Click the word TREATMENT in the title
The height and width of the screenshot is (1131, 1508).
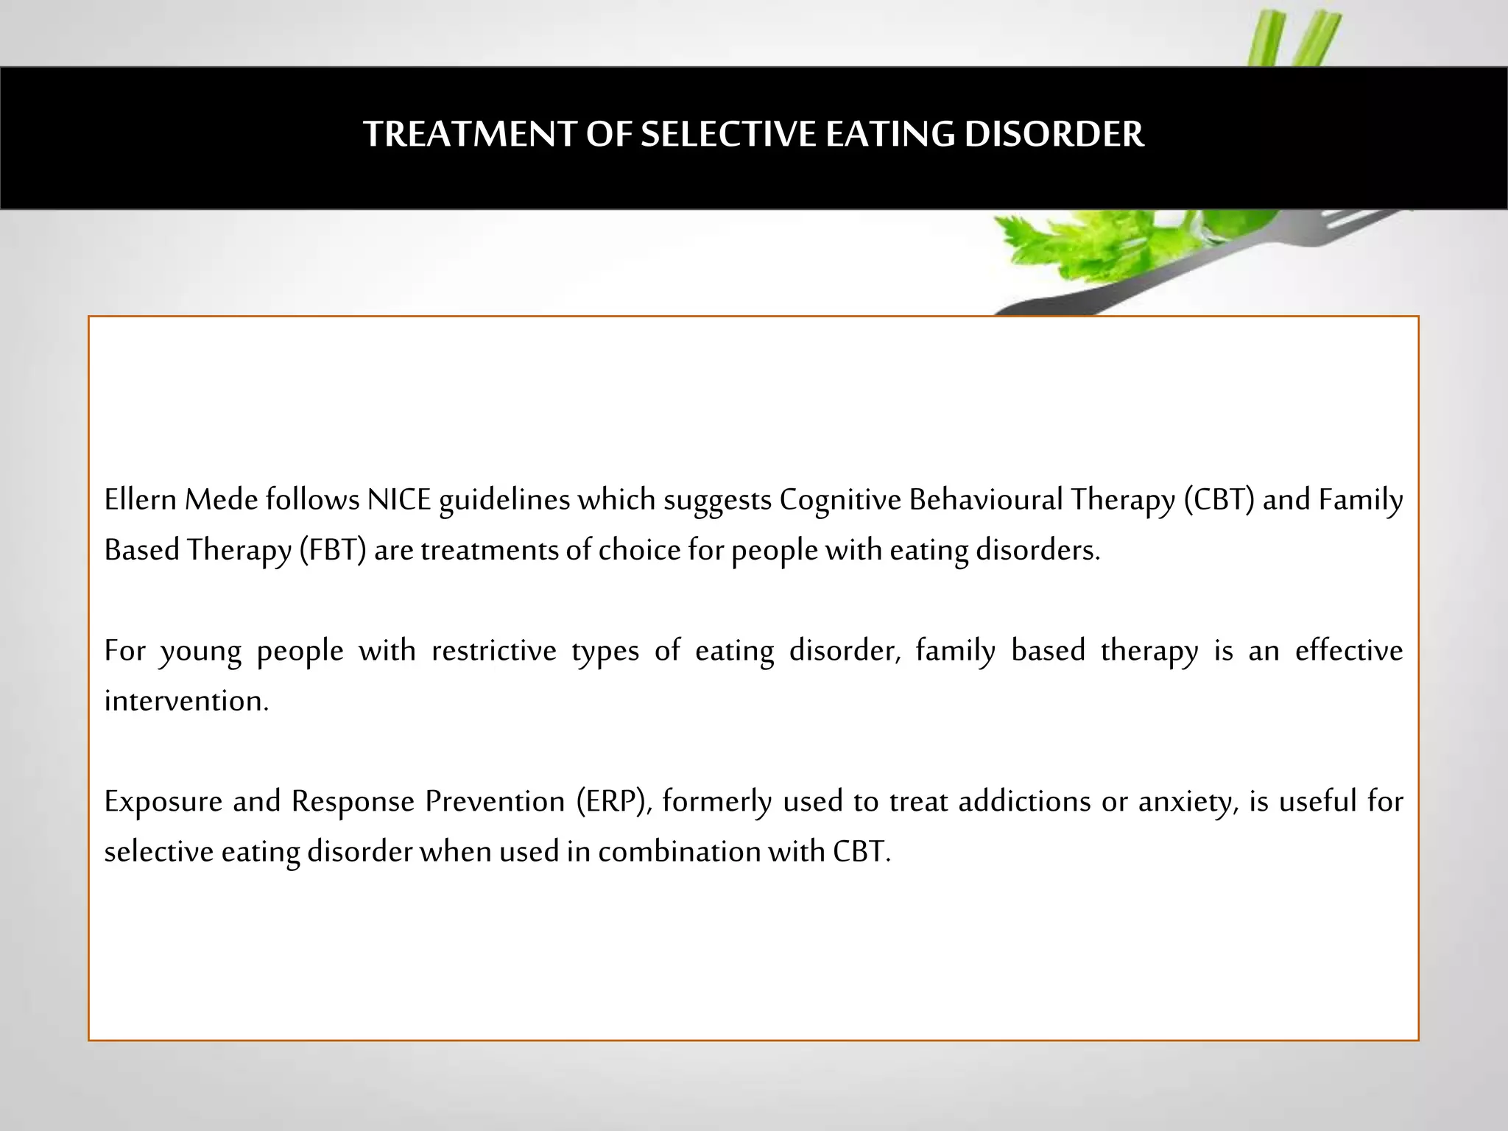(468, 135)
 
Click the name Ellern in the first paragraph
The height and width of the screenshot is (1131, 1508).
(140, 500)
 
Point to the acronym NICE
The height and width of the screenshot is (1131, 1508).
(398, 500)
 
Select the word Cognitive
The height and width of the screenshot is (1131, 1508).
(839, 500)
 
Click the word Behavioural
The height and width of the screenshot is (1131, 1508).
(985, 500)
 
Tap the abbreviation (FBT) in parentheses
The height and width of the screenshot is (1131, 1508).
(333, 550)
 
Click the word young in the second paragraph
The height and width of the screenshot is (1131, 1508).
(201, 652)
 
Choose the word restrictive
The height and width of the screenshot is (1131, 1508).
(493, 651)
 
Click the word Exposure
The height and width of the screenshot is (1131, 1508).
(163, 801)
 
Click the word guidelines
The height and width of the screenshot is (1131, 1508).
(504, 501)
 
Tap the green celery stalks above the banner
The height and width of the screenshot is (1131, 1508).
(1296, 37)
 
